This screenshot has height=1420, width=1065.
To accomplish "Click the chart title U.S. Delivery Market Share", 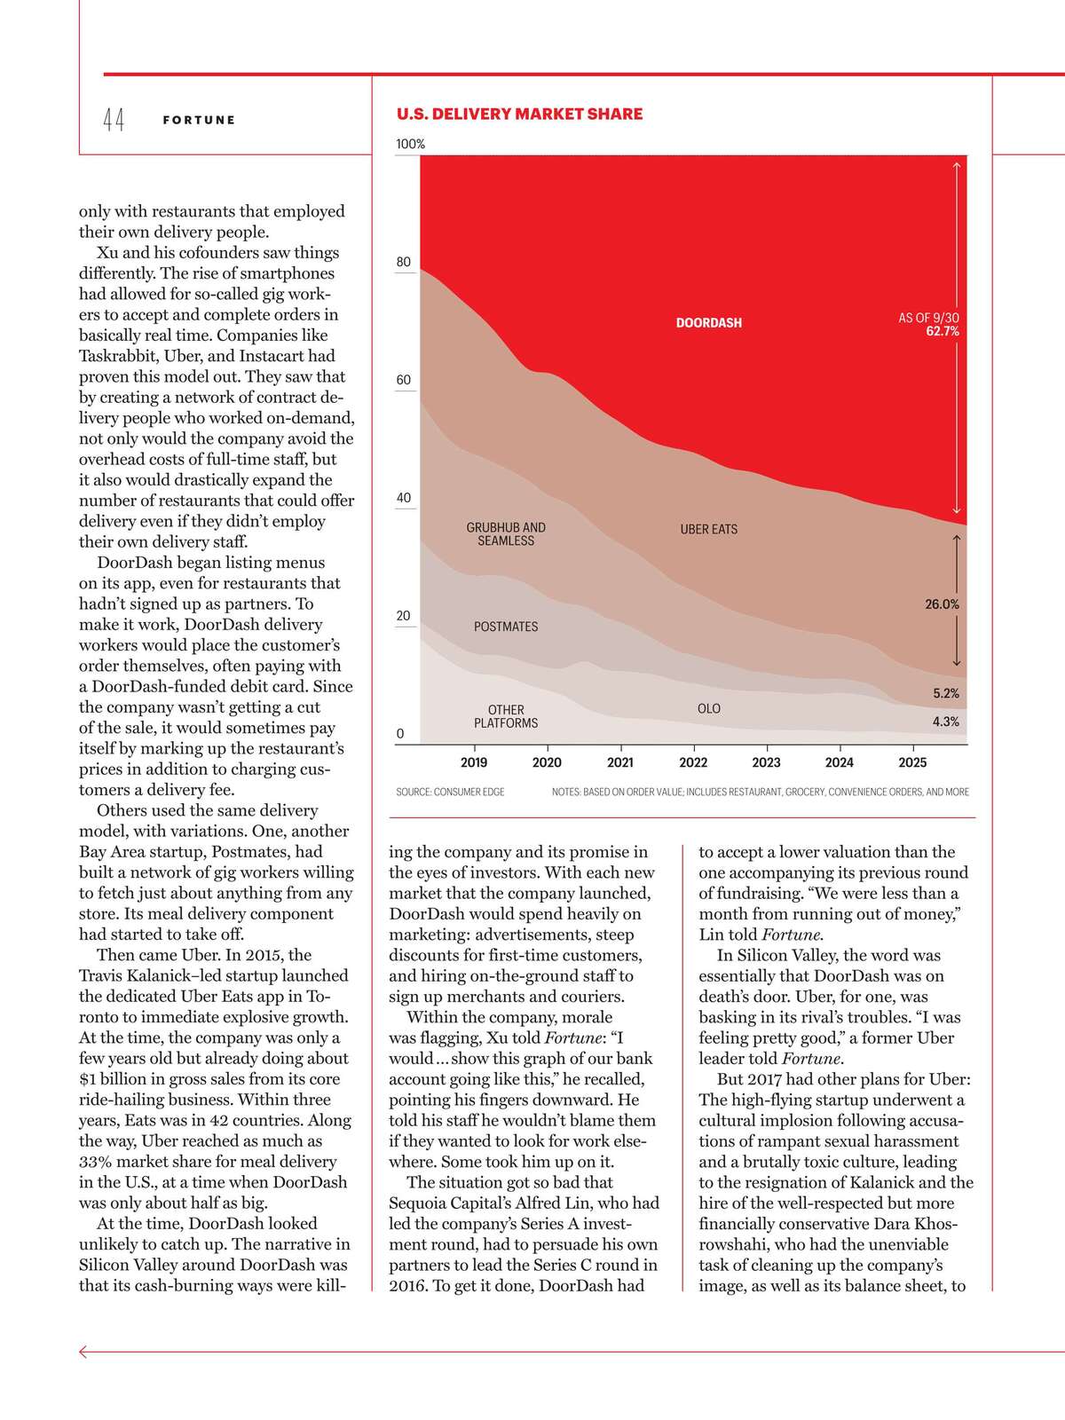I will pyautogui.click(x=519, y=114).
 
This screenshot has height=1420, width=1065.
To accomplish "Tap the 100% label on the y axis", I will pyautogui.click(x=410, y=144).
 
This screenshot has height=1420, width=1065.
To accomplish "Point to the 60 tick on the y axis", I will pyautogui.click(x=404, y=380).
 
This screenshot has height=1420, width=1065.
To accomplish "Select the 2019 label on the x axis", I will pyautogui.click(x=474, y=762).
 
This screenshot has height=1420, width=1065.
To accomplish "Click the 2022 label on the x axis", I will pyautogui.click(x=693, y=762).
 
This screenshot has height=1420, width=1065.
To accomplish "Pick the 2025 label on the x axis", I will pyautogui.click(x=912, y=762).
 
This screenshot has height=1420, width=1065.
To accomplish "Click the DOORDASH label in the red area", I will pyautogui.click(x=708, y=323).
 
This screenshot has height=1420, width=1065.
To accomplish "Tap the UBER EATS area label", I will pyautogui.click(x=708, y=529).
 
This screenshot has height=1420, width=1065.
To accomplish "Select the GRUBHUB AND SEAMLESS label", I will pyautogui.click(x=506, y=534).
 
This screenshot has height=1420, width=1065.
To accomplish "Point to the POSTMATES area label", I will pyautogui.click(x=506, y=627).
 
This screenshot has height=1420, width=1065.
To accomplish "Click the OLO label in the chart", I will pyautogui.click(x=709, y=709).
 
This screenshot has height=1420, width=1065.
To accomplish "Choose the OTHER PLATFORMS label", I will pyautogui.click(x=506, y=717).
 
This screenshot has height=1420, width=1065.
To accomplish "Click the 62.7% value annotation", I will pyautogui.click(x=943, y=332).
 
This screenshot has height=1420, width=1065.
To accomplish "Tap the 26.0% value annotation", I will pyautogui.click(x=942, y=604).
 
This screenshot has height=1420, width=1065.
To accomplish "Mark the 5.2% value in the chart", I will pyautogui.click(x=946, y=694).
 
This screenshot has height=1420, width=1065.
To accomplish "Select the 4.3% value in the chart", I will pyautogui.click(x=946, y=722).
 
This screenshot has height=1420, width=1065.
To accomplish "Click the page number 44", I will pyautogui.click(x=114, y=120).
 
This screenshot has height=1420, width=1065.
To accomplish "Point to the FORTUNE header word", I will pyautogui.click(x=199, y=120).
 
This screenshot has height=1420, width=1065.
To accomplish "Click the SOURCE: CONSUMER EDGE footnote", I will pyautogui.click(x=450, y=792).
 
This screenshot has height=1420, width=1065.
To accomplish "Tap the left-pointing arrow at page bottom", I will pyautogui.click(x=84, y=1352).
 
